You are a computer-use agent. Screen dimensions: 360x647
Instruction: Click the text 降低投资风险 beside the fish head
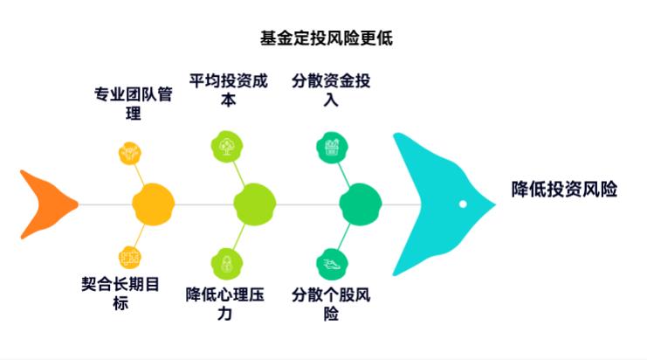564,190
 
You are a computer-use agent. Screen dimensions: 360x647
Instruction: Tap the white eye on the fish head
464,204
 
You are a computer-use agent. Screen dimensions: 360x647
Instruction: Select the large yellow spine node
154,204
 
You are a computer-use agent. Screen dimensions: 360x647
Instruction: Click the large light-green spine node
254,204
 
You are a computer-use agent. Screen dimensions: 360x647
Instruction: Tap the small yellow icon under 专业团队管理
130,154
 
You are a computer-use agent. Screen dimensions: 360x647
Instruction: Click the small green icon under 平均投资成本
226,145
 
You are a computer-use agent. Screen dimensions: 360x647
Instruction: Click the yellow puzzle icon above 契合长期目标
130,257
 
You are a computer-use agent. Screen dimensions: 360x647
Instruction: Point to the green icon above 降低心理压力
226,262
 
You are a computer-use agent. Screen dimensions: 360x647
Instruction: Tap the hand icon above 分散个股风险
330,263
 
